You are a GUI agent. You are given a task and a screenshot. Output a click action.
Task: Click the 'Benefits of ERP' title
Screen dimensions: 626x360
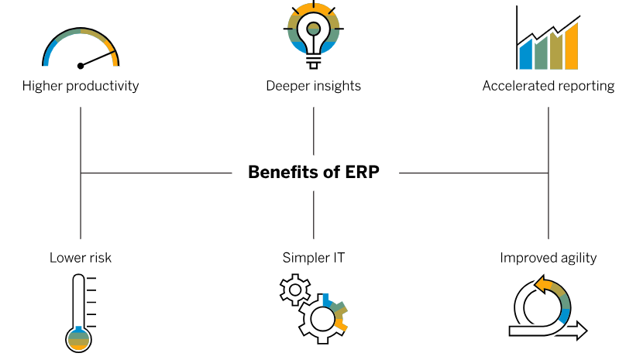coord(314,172)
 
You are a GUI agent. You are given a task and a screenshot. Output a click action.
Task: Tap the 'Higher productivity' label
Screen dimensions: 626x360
coord(81,86)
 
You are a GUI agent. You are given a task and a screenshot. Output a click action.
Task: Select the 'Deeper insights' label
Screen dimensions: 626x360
coord(314,86)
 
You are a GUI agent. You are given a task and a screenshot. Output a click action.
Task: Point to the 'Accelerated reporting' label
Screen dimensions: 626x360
coord(549,86)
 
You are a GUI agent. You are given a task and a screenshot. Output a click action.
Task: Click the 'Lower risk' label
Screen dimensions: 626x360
coord(81,258)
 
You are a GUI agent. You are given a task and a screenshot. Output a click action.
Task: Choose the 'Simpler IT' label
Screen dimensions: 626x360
coord(314,258)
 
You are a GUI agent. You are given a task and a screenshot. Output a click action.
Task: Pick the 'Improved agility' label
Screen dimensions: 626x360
coord(549,258)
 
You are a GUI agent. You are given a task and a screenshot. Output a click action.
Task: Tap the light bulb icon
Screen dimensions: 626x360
coord(314,35)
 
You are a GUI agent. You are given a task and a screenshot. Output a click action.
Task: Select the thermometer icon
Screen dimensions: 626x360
coord(79,314)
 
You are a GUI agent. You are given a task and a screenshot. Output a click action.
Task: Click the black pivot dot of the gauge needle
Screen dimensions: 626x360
coord(81,66)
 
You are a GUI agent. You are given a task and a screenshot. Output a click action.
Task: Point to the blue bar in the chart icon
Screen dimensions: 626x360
coord(525,54)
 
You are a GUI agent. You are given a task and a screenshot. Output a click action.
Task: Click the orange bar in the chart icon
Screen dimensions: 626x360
coord(572,46)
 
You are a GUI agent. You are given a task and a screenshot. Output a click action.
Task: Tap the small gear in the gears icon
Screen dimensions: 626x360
coord(295,290)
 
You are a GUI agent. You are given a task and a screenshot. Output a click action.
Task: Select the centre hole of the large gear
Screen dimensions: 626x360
coord(322,319)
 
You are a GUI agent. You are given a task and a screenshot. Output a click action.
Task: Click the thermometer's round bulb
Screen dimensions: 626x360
coord(79,339)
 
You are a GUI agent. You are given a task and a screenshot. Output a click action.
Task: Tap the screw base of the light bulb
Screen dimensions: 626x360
coord(314,62)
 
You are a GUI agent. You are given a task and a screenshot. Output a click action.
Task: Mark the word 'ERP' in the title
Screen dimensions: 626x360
coord(362,172)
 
